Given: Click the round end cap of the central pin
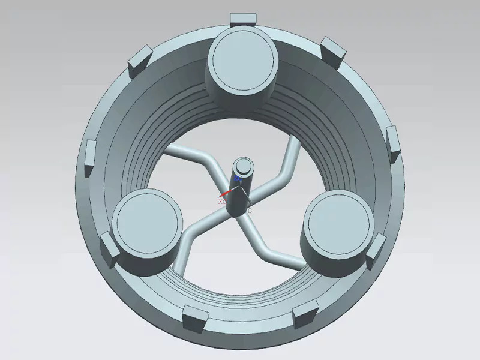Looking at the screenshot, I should click(x=244, y=167).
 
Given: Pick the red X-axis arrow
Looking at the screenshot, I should click(x=227, y=193).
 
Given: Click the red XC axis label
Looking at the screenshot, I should click(x=221, y=202).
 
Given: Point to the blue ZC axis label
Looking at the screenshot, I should click(x=238, y=178).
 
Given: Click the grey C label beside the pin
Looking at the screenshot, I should click(x=250, y=210).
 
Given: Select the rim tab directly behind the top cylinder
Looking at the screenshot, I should click(x=243, y=19).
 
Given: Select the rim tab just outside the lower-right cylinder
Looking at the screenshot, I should click(x=377, y=250).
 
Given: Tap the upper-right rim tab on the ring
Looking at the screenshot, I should click(x=332, y=50).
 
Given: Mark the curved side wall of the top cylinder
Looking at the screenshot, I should click(x=240, y=96).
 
